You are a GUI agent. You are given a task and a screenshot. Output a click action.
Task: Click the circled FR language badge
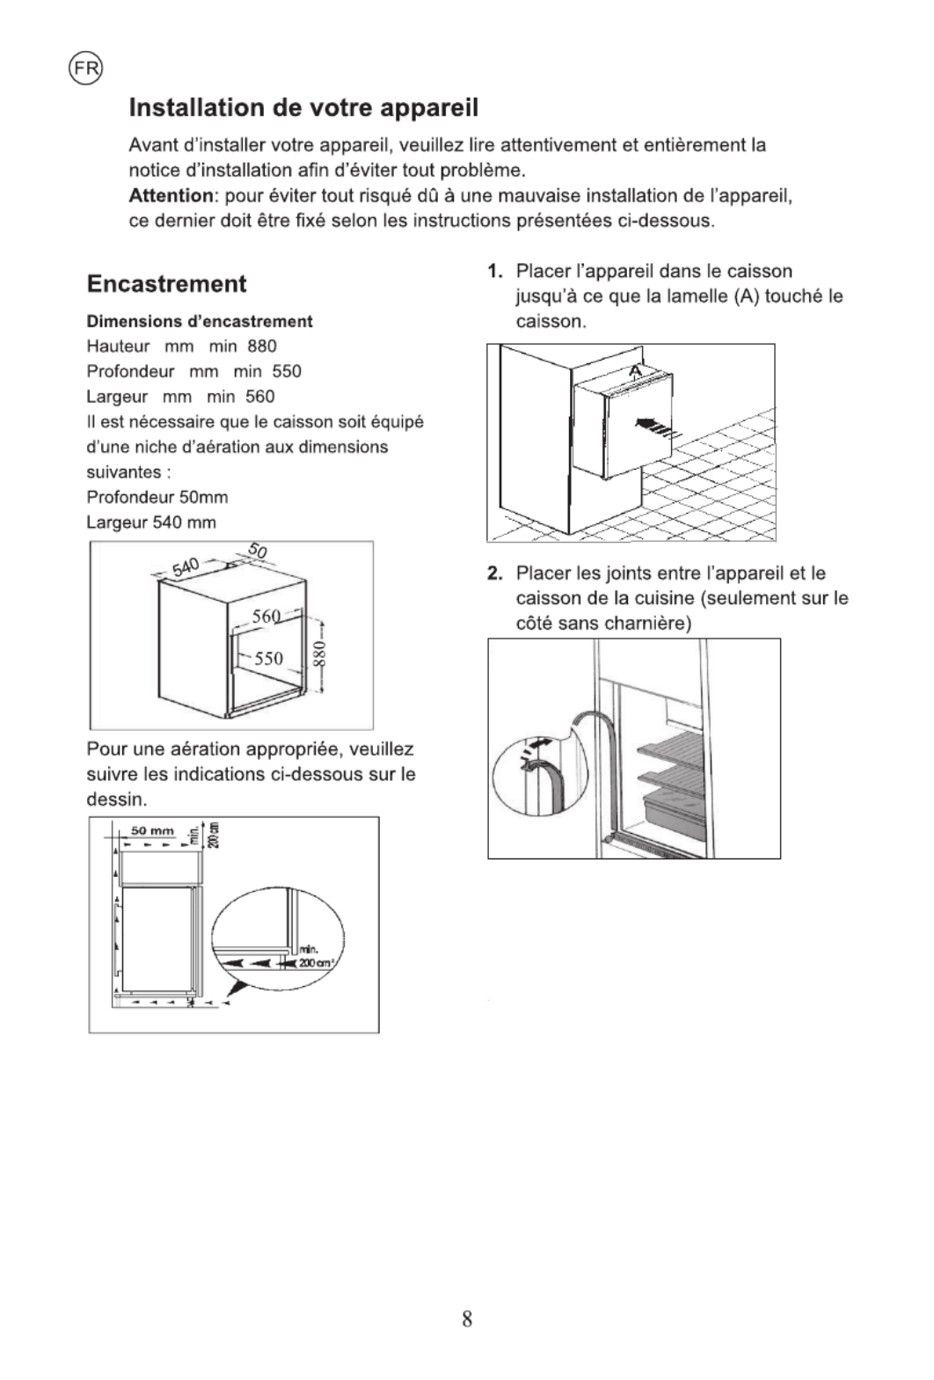[85, 68]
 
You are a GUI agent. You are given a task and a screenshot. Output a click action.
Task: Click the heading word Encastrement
[166, 284]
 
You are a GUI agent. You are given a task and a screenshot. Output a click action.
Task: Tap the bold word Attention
[171, 195]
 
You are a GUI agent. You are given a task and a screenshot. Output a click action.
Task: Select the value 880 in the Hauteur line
[262, 347]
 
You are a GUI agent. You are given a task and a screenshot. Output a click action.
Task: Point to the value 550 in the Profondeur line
[287, 371]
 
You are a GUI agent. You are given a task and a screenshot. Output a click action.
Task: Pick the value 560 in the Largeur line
[259, 397]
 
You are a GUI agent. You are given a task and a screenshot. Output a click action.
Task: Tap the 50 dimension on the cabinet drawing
[257, 551]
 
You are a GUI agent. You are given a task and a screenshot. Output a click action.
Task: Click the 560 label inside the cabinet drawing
[266, 616]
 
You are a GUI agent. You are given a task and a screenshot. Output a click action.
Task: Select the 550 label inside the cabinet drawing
[268, 658]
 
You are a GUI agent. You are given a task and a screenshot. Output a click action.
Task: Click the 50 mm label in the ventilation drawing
[152, 830]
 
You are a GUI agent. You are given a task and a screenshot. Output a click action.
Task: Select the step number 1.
[496, 271]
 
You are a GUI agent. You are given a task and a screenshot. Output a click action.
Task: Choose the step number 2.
[496, 573]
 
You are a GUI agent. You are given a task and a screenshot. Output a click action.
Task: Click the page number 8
[467, 1318]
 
